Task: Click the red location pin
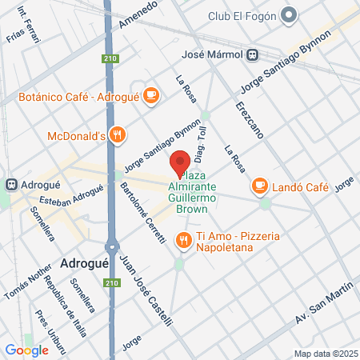point(181,163)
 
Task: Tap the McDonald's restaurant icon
point(118,135)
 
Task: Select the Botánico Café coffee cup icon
point(150,96)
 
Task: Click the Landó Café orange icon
point(259,186)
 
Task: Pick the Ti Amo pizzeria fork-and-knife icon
point(183,238)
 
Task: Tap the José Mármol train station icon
point(252,54)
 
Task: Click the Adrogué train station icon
point(11,183)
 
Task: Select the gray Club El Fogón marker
point(290,15)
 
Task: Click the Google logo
point(26,350)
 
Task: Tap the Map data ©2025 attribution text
point(325,353)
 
